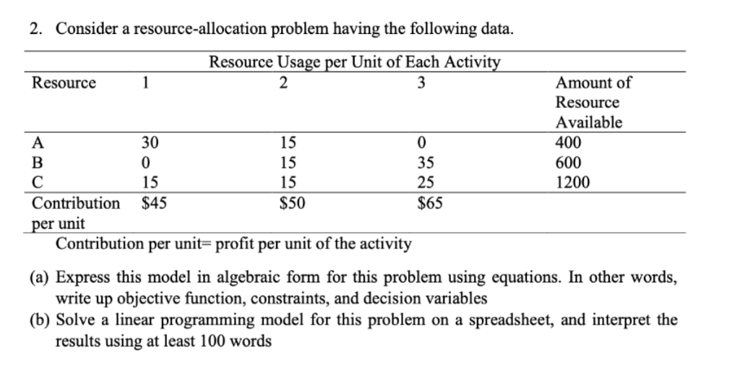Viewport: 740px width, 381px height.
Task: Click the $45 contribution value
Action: coord(153,203)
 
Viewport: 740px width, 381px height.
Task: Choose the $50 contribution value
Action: coord(291,203)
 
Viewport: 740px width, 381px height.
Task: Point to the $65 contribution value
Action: coord(430,203)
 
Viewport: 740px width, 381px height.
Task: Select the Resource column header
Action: coord(64,82)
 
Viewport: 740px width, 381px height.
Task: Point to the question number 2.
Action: coord(35,29)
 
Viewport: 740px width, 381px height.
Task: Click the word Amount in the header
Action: coord(583,82)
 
